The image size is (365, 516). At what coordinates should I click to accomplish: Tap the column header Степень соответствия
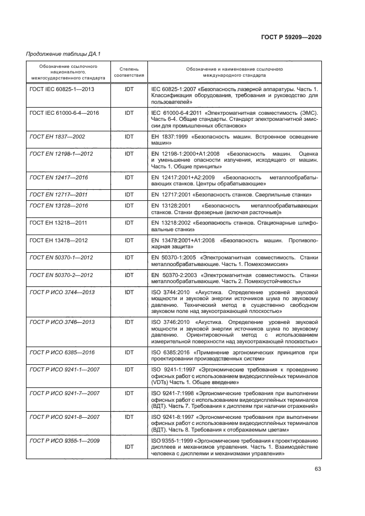[129, 72]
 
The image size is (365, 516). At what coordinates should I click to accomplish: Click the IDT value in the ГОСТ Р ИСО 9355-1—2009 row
[129, 446]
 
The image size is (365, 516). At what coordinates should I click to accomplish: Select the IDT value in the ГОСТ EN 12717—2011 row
[129, 195]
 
